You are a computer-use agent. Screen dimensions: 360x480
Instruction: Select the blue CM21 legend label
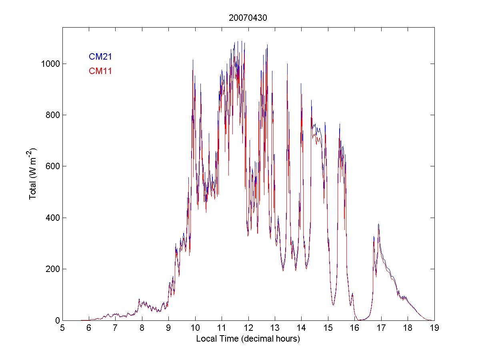click(x=100, y=57)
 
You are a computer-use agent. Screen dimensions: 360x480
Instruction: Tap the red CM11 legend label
click(x=100, y=72)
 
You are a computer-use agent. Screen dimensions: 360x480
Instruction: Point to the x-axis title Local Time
click(x=248, y=339)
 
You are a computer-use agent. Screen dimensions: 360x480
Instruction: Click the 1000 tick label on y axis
click(x=50, y=64)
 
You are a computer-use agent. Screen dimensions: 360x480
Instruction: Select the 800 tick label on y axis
click(x=52, y=115)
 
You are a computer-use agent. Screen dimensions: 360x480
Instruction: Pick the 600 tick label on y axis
click(x=52, y=166)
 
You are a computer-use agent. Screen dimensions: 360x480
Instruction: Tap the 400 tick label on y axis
click(x=52, y=218)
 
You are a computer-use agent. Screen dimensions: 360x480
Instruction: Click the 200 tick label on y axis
click(x=52, y=269)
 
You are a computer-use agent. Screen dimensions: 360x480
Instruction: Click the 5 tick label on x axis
click(x=62, y=328)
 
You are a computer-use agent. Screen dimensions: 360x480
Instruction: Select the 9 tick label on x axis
click(x=168, y=328)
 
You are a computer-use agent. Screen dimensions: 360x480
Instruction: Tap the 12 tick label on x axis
click(x=248, y=328)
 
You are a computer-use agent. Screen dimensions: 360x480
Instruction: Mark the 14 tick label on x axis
click(x=301, y=328)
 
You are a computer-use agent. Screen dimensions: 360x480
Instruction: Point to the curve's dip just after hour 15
click(x=333, y=305)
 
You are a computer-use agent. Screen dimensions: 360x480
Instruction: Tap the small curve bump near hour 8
click(x=139, y=300)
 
